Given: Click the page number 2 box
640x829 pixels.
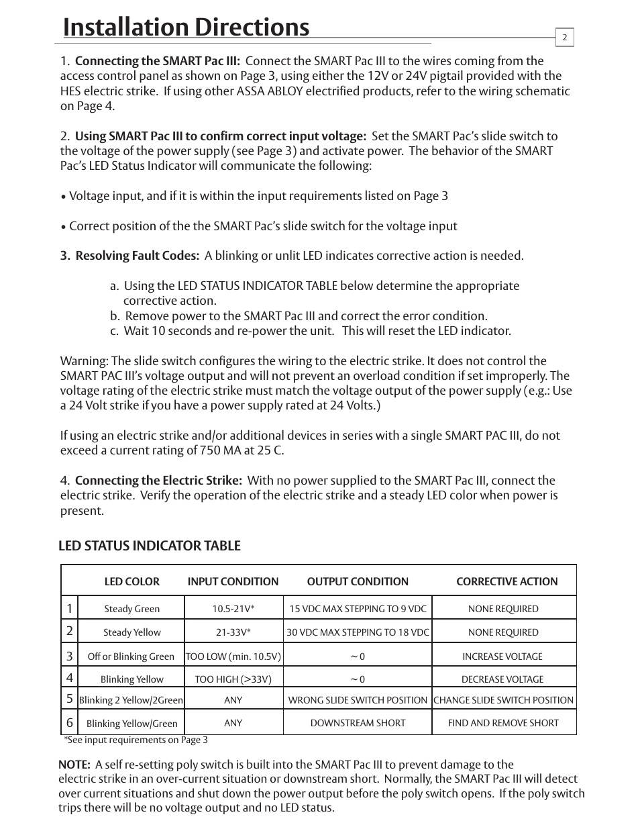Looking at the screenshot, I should (564, 38).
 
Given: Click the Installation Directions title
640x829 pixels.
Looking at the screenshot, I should (186, 27).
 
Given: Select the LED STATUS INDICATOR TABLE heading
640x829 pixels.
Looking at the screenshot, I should (149, 546).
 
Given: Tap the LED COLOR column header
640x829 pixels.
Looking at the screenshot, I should (132, 582).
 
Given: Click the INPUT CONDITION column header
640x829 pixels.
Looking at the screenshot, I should (233, 582).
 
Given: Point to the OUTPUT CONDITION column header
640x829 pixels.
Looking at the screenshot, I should (358, 582).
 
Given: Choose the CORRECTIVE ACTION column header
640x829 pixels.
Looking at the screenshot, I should (506, 582).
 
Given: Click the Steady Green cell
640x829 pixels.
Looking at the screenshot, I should (132, 609).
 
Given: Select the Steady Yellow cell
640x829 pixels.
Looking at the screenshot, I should (132, 632).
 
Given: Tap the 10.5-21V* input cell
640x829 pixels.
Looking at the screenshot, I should (233, 609).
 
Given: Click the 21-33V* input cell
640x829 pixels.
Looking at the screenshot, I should (233, 632).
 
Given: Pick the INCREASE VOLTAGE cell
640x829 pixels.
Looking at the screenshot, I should (502, 656).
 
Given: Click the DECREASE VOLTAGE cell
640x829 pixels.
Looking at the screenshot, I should (502, 679).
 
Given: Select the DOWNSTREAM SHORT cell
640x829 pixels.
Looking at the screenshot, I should (358, 723).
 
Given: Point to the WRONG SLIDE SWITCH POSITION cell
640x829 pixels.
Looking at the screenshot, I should (358, 700).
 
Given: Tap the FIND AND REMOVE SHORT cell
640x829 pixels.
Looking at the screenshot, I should (503, 723).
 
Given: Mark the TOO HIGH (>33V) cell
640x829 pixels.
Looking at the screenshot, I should (233, 679).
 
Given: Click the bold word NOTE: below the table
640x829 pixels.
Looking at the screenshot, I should (74, 765).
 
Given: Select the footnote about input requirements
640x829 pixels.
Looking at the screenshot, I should (136, 740).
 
